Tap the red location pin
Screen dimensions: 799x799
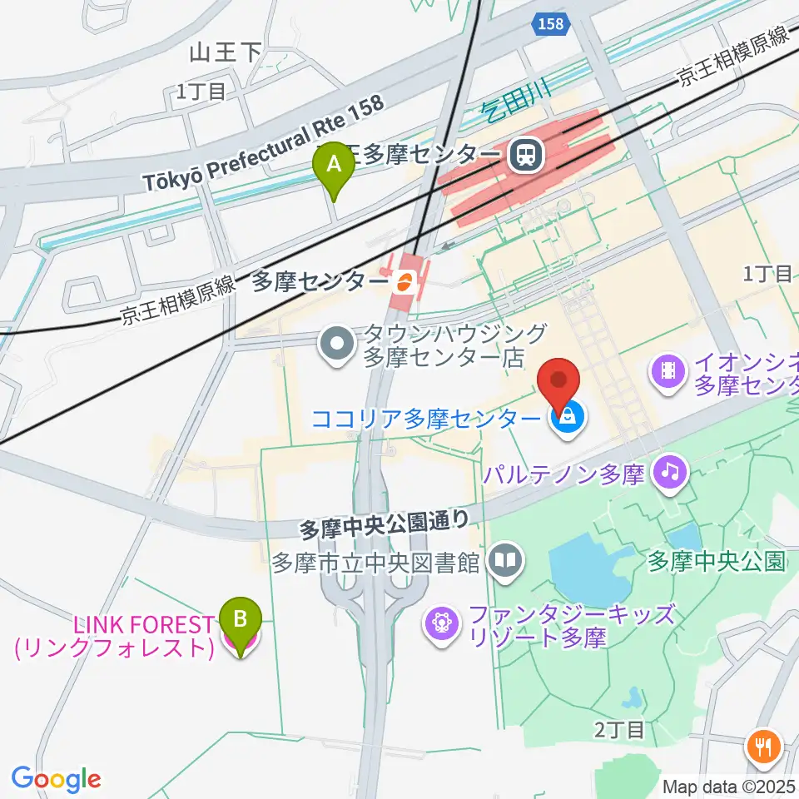558,385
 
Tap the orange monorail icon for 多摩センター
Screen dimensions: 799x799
404,281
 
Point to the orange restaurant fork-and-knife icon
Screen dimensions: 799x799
762,745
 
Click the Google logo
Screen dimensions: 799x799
56,779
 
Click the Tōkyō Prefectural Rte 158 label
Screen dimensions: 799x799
265,143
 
